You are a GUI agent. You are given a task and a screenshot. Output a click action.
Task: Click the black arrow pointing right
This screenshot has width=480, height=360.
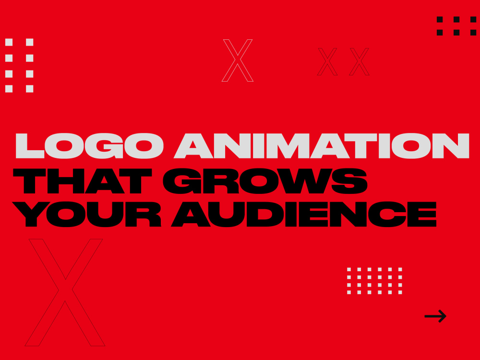click(435, 316)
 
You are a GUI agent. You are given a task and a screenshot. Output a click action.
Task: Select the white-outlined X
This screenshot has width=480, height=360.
click(238, 60)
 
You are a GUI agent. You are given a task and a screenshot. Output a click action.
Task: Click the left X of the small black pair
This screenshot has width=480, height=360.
click(327, 62)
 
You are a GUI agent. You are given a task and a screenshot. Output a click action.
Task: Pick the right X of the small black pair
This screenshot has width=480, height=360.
click(359, 62)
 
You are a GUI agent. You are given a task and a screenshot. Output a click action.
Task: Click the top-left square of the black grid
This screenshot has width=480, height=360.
click(440, 20)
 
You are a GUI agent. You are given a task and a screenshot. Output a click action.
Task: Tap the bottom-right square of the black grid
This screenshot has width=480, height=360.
click(472, 33)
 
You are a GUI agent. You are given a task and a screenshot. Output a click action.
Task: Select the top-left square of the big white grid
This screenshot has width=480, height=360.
click(9, 42)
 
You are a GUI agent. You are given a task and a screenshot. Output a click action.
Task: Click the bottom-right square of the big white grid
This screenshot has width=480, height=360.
click(30, 89)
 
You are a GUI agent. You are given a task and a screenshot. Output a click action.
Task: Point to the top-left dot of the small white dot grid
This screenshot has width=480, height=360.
click(349, 270)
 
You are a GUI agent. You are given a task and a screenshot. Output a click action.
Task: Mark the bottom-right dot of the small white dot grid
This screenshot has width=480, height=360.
click(400, 292)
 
